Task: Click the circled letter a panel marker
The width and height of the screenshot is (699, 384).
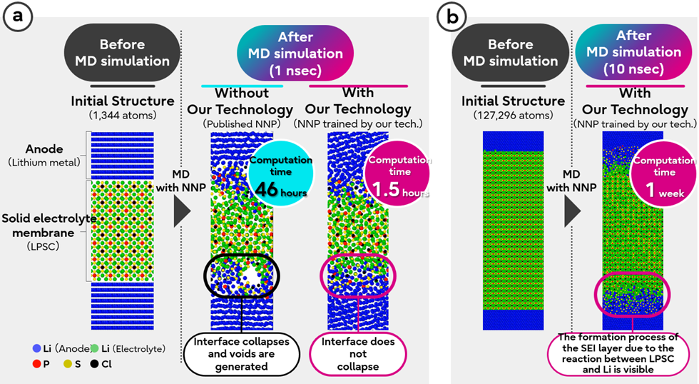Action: (x=19, y=18)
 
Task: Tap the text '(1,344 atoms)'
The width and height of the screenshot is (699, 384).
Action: (x=122, y=115)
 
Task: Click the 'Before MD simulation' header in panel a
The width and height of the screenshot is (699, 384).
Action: (x=122, y=51)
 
